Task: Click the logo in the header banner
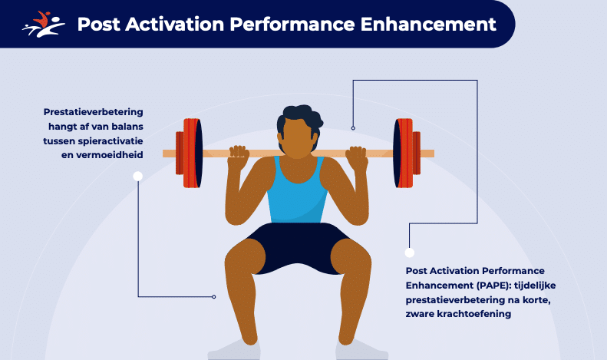43,24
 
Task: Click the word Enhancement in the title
428,24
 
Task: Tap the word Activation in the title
175,24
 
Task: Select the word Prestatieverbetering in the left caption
94,112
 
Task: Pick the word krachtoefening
473,313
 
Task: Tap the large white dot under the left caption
138,176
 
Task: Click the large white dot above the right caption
410,253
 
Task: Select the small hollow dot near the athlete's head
353,128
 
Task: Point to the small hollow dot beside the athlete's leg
213,297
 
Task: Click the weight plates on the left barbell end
189,153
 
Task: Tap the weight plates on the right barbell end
407,153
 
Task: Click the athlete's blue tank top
296,193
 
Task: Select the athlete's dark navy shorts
297,248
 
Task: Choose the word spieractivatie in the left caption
111,141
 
